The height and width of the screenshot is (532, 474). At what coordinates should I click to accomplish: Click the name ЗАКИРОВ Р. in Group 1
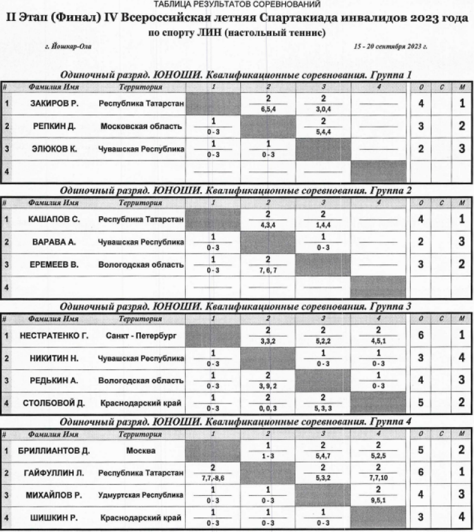pyautogui.click(x=54, y=103)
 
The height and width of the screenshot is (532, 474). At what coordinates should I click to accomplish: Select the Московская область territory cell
pyautogui.click(x=141, y=126)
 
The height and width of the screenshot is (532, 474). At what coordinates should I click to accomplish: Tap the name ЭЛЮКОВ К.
pyautogui.click(x=54, y=149)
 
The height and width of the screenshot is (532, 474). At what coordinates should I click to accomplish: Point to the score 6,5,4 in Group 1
pyautogui.click(x=269, y=109)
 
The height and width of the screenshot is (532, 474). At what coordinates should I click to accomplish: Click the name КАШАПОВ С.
pyautogui.click(x=54, y=219)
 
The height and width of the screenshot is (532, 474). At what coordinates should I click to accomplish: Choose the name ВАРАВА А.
pyautogui.click(x=54, y=242)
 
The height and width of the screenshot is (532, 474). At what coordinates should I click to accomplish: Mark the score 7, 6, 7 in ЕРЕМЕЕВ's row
pyautogui.click(x=269, y=271)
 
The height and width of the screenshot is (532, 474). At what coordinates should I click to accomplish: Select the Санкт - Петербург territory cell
pyautogui.click(x=141, y=335)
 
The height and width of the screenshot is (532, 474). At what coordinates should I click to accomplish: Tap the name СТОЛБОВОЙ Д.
pyautogui.click(x=54, y=403)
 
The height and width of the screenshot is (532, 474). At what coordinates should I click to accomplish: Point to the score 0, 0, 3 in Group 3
pyautogui.click(x=269, y=409)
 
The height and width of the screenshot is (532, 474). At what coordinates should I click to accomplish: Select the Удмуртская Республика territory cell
pyautogui.click(x=141, y=496)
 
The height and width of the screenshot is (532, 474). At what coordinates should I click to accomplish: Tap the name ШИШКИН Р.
pyautogui.click(x=54, y=519)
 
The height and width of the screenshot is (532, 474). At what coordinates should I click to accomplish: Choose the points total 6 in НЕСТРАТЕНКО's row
pyautogui.click(x=421, y=335)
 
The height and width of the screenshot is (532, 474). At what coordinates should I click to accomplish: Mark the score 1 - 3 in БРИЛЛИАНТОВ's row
pyautogui.click(x=269, y=456)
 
